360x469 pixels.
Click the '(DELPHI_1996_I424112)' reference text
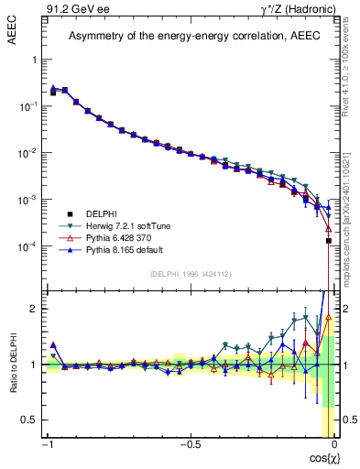190,274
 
